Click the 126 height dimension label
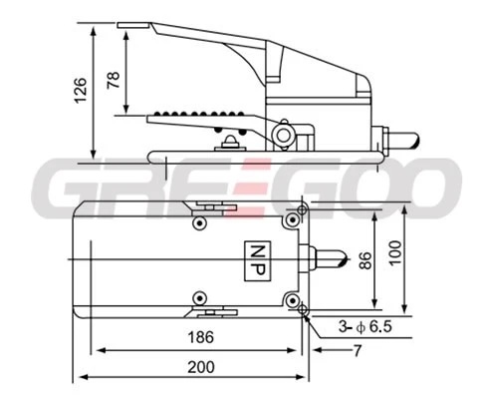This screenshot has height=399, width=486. pos(81,91)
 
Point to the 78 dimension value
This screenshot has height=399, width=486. pos(114,80)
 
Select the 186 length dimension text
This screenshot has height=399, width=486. pos(201,337)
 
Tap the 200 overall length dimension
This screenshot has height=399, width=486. pos(201,367)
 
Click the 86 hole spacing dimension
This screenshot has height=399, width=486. pos(365,260)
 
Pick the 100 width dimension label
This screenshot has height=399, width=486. pos(395,253)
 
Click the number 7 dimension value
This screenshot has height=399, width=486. pos(358,351)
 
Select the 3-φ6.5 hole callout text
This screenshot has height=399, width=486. pos(365,326)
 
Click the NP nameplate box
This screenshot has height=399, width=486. pos(258,261)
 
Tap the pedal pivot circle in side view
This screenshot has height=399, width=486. pos(283,136)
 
